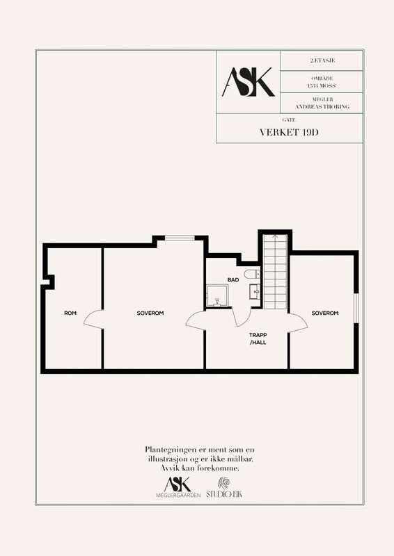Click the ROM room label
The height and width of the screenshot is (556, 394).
click(x=70, y=313)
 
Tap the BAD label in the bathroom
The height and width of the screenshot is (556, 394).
click(x=233, y=280)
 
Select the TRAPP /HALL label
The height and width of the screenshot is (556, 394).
click(x=258, y=338)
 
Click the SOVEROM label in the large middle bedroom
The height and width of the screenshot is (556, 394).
click(x=150, y=313)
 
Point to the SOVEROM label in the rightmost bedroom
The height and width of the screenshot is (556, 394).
click(x=324, y=313)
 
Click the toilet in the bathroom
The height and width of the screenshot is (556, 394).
click(x=252, y=274)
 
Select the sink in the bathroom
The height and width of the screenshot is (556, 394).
click(x=255, y=291)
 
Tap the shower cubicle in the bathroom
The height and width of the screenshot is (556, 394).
click(x=217, y=295)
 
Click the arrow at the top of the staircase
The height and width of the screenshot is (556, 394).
click(x=275, y=237)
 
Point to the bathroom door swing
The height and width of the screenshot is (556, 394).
click(x=242, y=317)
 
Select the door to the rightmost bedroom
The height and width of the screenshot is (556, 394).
click(x=298, y=322)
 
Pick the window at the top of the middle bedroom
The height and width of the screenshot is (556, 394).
click(x=180, y=238)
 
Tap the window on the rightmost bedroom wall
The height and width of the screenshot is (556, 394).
click(x=356, y=308)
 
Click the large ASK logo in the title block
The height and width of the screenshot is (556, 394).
click(x=249, y=82)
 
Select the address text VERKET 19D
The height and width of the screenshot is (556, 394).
click(x=289, y=132)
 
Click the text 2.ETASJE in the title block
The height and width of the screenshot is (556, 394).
click(x=322, y=60)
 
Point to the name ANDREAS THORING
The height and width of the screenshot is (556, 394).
click(x=322, y=106)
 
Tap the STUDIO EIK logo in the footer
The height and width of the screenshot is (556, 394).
click(x=224, y=488)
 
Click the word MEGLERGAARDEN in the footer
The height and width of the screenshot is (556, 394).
click(x=178, y=495)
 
